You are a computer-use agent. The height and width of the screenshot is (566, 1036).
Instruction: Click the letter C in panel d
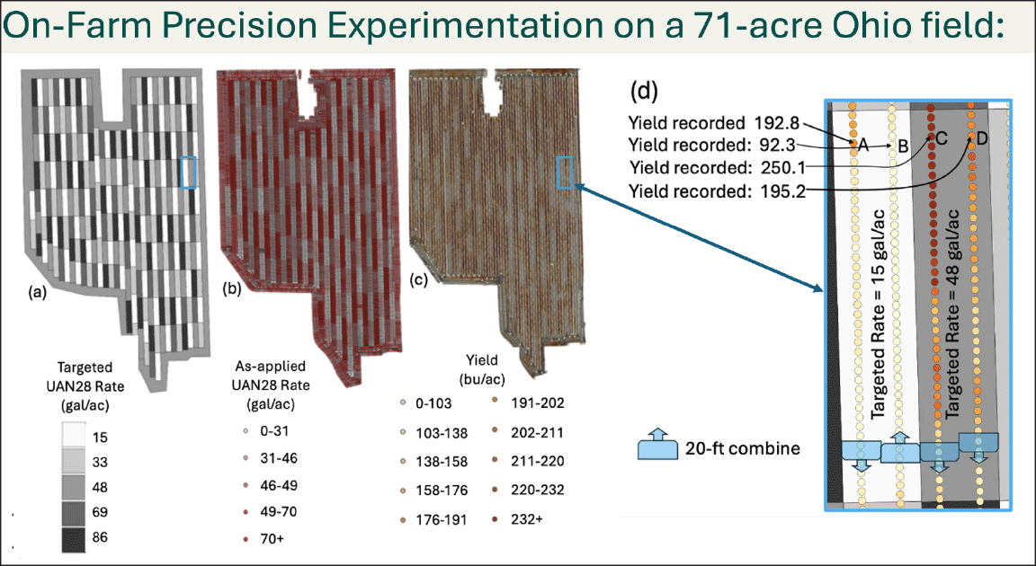coord(942,137)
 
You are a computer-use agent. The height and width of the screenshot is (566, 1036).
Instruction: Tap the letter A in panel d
coord(861,144)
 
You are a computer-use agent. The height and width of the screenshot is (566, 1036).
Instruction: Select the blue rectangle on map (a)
coord(188,172)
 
